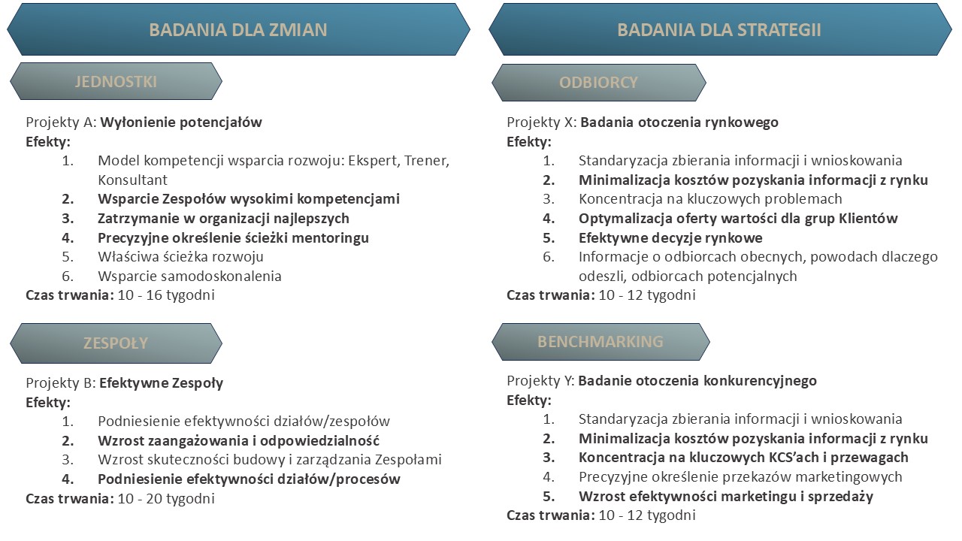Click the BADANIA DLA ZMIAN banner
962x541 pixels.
(238, 29)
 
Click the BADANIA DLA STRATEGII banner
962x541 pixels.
(720, 29)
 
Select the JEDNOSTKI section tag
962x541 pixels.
(116, 82)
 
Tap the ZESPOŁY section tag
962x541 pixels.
(116, 343)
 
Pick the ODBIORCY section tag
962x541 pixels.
(599, 83)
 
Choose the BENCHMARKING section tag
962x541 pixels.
(600, 342)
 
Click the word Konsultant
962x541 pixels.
(132, 180)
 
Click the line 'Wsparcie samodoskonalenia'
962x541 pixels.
(189, 276)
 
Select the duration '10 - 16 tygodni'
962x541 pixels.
(166, 295)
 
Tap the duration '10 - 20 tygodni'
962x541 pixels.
(166, 498)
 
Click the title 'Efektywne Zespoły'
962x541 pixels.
(161, 383)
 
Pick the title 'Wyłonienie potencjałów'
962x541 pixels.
(181, 122)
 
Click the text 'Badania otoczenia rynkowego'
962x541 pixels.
(679, 122)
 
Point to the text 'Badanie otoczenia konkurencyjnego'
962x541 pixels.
(697, 381)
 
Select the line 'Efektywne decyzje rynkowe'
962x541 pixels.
(670, 238)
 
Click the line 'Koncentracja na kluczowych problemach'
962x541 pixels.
(710, 199)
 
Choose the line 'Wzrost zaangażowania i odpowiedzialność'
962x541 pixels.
(238, 441)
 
